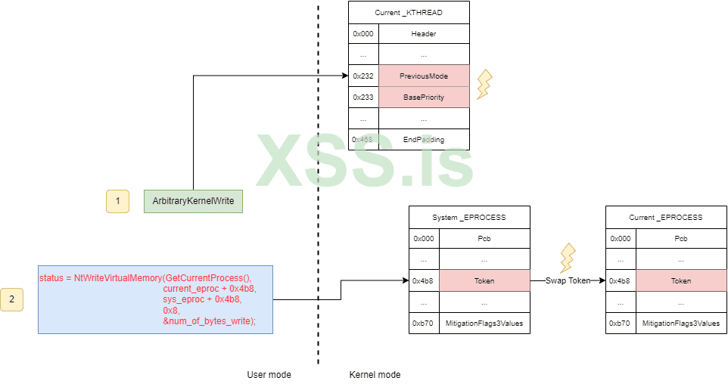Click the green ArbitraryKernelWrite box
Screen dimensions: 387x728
coord(193,201)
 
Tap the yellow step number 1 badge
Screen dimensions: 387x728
coord(117,201)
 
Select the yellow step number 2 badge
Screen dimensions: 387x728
coord(11,299)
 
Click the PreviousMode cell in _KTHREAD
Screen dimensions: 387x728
coord(424,76)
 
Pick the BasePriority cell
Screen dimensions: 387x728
coord(424,97)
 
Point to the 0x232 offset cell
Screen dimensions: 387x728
coord(363,76)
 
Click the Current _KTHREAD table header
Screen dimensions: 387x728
coord(409,13)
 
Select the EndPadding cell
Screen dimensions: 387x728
coord(424,139)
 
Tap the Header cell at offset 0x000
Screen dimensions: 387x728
coord(424,34)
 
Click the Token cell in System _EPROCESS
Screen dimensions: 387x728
coord(484,280)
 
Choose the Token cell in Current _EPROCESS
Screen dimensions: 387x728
coord(681,280)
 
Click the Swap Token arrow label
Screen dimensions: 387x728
coord(568,280)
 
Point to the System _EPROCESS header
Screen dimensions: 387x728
coord(469,217)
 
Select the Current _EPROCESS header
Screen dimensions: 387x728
coord(666,217)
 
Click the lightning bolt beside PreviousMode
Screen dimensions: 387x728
coord(484,84)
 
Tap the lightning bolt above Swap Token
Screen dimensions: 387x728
coord(567,258)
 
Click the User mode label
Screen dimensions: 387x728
coord(269,375)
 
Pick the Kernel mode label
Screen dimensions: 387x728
coord(375,375)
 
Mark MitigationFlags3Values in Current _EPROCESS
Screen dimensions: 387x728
coord(681,323)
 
